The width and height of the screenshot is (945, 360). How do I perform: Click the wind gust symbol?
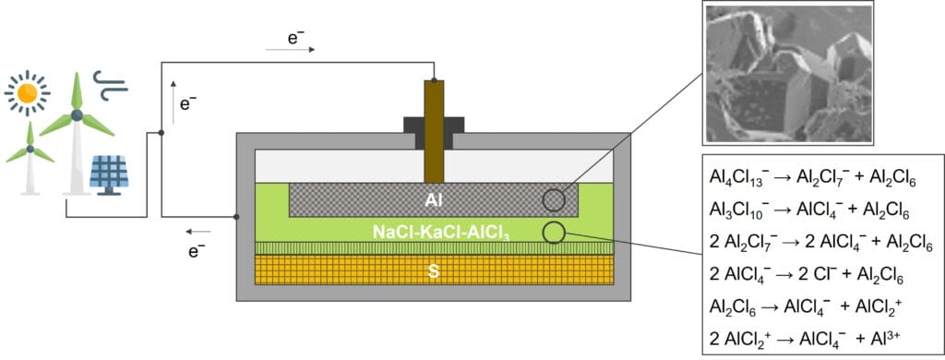pos(115,90)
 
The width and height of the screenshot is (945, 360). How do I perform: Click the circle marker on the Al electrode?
pos(554,200)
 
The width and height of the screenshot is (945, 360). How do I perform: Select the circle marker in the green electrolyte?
pos(554,232)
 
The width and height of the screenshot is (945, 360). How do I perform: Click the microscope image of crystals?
pos(786,74)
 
